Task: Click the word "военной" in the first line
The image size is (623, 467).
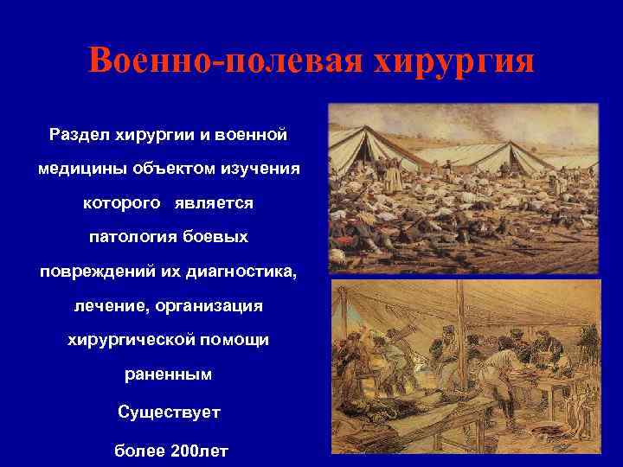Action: click(254, 136)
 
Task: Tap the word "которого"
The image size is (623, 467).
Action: click(121, 203)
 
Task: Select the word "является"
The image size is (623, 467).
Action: click(217, 203)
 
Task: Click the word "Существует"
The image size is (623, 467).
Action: click(169, 412)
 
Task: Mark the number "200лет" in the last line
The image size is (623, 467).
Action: click(196, 450)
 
